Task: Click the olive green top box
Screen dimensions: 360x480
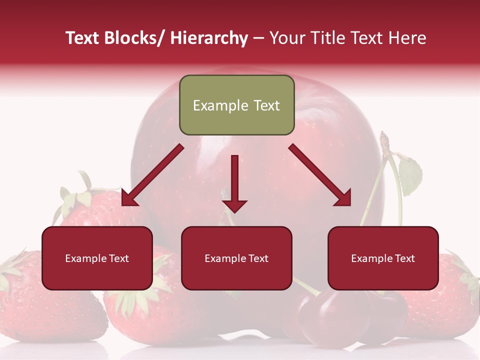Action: tap(236, 105)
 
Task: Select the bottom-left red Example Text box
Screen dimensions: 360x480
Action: tap(97, 258)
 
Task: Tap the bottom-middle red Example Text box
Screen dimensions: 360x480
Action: tap(236, 258)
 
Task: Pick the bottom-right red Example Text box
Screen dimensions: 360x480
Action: tap(383, 258)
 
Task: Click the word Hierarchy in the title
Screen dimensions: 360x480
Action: tap(209, 38)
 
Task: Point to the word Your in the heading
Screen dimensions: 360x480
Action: tap(286, 38)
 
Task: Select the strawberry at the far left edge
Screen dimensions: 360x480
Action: tap(20, 300)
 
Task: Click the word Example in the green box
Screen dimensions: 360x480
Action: tap(214, 105)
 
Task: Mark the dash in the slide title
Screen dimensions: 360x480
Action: tap(258, 38)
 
